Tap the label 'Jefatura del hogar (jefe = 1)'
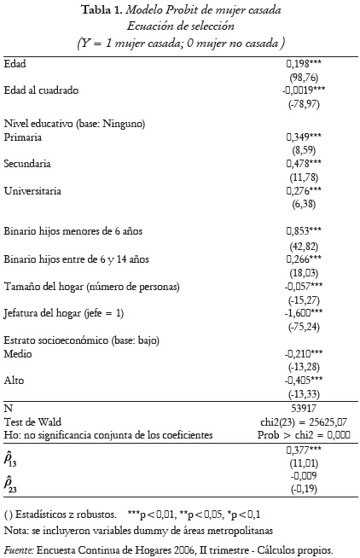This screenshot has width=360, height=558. (65, 313)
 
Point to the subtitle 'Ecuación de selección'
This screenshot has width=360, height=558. (181, 26)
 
